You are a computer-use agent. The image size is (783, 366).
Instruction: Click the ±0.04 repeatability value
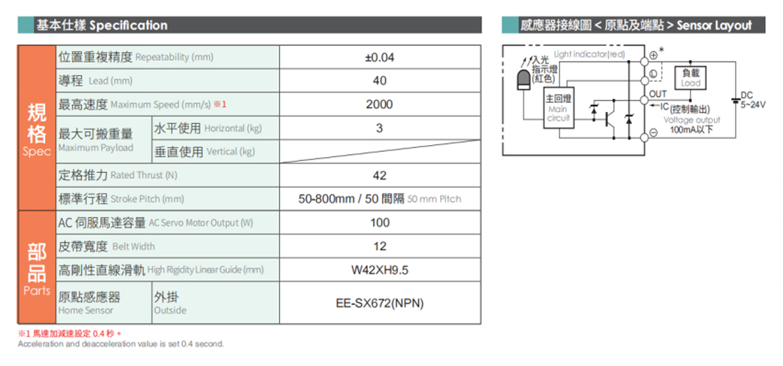[x=380, y=58]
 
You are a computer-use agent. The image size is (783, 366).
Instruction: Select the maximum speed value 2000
[x=380, y=104]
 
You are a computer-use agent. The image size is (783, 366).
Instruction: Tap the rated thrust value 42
[x=380, y=176]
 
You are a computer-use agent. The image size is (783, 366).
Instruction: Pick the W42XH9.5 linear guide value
[x=380, y=271]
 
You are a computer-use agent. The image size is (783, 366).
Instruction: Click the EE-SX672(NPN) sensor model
[x=380, y=304]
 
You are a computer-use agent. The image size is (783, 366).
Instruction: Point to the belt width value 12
[x=380, y=247]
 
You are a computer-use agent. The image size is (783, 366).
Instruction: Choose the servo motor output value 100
[x=380, y=222]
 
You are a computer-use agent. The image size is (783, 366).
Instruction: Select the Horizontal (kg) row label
[x=208, y=129]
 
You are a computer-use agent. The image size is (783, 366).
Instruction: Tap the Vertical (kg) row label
[x=204, y=152]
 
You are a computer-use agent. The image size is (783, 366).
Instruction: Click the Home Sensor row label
[x=89, y=304]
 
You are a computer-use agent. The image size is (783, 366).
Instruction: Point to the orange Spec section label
[x=37, y=129]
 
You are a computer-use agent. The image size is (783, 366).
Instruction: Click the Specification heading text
[x=129, y=25]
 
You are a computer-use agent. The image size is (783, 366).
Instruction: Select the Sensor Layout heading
[x=714, y=25]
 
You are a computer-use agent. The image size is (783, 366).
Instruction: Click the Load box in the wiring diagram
[x=691, y=78]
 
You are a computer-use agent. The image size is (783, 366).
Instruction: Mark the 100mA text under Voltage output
[x=691, y=129]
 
